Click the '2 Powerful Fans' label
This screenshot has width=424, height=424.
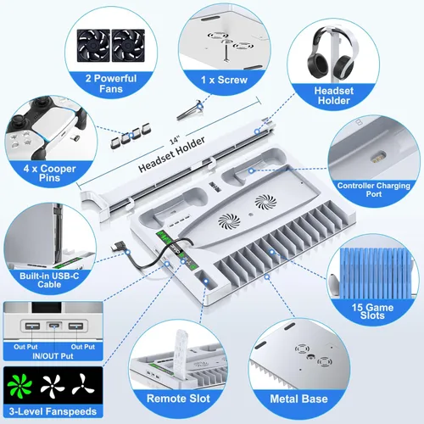(111, 83)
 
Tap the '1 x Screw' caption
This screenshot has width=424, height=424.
(224, 80)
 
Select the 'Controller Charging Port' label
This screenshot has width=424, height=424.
(374, 190)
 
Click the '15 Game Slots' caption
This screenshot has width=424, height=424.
(372, 311)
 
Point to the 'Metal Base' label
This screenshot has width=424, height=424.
(298, 399)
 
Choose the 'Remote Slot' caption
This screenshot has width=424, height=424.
(178, 399)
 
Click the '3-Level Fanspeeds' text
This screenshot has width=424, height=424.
(53, 411)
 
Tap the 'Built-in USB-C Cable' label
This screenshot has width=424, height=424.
(49, 280)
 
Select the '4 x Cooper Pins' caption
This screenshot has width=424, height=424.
(50, 173)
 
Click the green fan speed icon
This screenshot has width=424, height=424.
(20, 384)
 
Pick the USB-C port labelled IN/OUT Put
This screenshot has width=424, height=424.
(53, 326)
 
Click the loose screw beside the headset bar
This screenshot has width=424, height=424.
(190, 110)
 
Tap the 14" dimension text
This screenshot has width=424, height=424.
(175, 141)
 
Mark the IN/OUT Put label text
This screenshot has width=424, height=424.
(53, 356)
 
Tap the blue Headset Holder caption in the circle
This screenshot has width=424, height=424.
(334, 96)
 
